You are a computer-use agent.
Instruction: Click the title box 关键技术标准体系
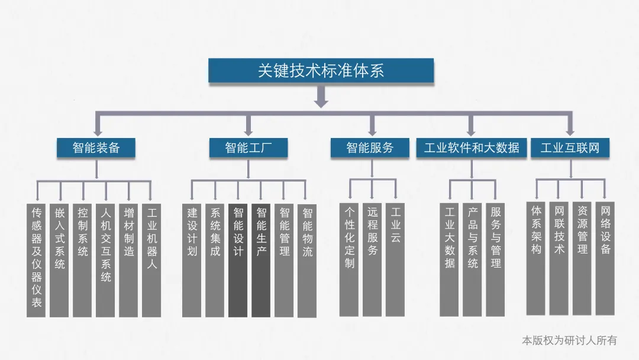point(321,70)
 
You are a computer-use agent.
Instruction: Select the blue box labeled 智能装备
point(96,147)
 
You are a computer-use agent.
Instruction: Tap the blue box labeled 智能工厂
point(248,147)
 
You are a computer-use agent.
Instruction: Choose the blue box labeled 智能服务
point(370,147)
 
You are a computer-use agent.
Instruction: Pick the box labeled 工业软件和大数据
point(471,147)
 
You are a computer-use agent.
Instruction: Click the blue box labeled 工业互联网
point(570,147)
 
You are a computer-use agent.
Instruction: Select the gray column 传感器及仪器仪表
point(37,261)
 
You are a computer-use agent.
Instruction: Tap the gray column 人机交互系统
point(105,261)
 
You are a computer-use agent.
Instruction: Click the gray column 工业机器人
point(151,261)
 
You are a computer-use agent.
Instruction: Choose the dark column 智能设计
point(238,261)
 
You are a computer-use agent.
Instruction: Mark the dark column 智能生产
point(261,261)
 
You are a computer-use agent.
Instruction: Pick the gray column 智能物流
point(307,261)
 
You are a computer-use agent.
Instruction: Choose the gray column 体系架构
point(536,258)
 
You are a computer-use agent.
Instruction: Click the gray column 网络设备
point(605,258)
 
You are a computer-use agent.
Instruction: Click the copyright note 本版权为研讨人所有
point(569,340)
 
